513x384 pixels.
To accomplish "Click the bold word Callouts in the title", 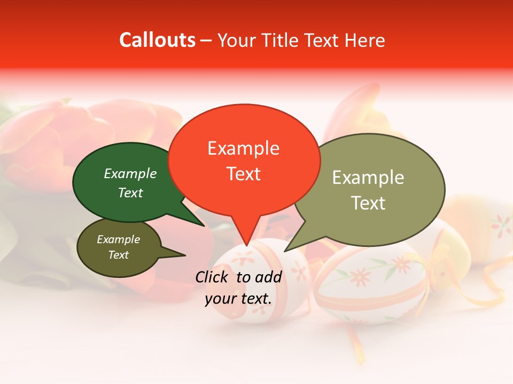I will click(x=157, y=40).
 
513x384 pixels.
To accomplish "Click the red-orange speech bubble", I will click(x=244, y=192).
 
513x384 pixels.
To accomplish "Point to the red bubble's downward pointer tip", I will click(x=246, y=246).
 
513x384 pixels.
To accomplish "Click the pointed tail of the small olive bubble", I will click(x=184, y=255).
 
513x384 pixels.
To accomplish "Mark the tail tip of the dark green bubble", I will click(x=204, y=226).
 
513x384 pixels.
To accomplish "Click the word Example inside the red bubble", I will click(x=243, y=148).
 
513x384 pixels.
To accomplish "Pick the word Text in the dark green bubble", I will click(x=130, y=193).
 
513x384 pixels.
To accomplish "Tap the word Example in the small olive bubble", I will click(x=118, y=239).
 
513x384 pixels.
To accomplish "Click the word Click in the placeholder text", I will click(x=213, y=276).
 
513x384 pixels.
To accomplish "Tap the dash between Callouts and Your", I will click(x=207, y=40).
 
